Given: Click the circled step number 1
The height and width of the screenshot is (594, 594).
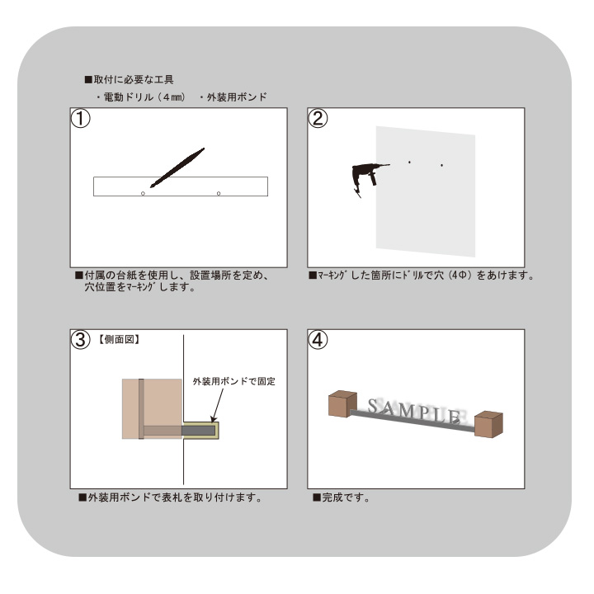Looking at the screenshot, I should [x=80, y=118].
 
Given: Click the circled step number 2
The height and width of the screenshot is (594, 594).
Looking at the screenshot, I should [x=318, y=118].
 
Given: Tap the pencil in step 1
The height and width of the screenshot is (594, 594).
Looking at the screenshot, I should [x=177, y=167].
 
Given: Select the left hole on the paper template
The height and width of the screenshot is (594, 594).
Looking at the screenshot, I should [x=143, y=193].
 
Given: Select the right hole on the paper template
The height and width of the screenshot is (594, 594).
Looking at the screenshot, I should [x=219, y=193].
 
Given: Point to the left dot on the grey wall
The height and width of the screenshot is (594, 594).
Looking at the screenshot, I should [x=409, y=163].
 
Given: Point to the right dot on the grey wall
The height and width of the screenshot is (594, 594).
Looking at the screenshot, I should [x=441, y=166].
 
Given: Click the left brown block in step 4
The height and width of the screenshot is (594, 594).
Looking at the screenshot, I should [x=341, y=405].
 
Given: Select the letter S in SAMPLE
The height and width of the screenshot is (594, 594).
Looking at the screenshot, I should [x=375, y=406].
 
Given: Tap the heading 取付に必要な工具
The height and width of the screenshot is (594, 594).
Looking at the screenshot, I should [x=133, y=80].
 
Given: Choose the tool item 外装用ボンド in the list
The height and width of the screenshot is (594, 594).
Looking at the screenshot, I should [x=236, y=98].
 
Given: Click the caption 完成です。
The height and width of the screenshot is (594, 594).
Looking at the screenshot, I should [x=341, y=498].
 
